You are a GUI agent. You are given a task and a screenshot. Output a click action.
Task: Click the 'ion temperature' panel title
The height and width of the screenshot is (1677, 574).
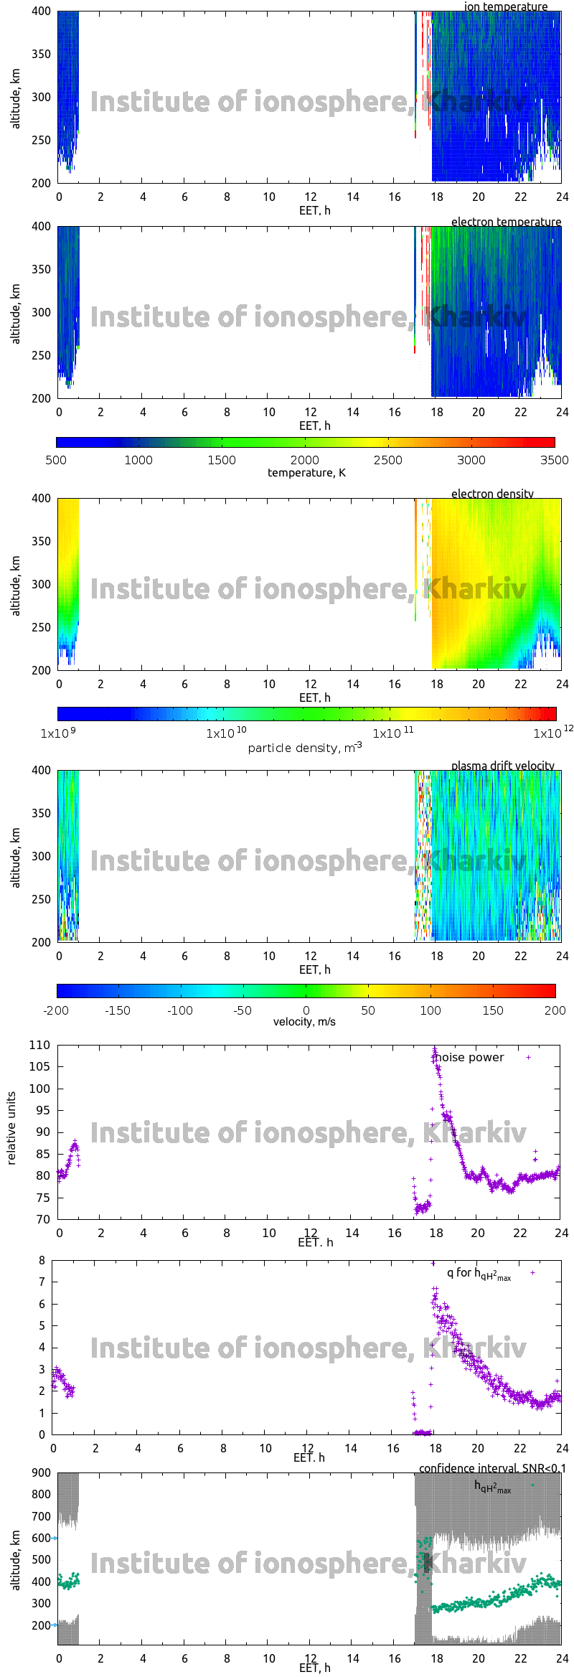pos(505,6)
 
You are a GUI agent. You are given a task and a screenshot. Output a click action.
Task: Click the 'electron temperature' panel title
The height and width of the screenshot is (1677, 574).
pos(506,222)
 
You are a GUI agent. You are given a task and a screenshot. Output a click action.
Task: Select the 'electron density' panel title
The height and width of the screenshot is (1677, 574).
pos(492,494)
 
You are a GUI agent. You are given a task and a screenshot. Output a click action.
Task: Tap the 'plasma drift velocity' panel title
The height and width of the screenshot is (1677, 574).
pos(502,766)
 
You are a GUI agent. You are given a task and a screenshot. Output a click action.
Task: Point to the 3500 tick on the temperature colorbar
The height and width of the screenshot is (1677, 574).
pos(554,460)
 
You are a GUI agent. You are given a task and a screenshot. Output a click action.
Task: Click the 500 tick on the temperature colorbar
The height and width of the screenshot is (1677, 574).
pos(56,460)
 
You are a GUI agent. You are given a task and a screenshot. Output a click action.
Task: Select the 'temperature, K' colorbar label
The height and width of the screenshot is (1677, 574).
pos(306,472)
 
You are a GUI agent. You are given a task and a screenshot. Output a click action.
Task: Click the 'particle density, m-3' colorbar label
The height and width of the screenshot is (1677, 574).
pos(305,748)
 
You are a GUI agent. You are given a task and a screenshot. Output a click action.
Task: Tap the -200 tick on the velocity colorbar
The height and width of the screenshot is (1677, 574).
pos(56,1010)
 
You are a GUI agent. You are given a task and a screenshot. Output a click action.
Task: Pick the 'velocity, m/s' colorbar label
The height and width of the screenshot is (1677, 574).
pos(304,1021)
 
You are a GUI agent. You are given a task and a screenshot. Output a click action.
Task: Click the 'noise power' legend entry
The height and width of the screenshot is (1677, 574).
pos(470,1057)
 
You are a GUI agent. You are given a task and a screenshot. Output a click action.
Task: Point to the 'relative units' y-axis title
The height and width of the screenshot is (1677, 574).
pos(11,1129)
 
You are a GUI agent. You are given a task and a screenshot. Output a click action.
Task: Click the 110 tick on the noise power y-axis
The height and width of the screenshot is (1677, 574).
pos(39,1046)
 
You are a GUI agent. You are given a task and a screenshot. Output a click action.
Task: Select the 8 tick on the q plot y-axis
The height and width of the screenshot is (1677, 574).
pos(42,1260)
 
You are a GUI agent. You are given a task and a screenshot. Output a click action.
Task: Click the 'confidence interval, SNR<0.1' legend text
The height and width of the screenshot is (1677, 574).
pos(492,1468)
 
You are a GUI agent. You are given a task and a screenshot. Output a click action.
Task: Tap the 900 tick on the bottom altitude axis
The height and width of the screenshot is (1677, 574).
pos(42,1472)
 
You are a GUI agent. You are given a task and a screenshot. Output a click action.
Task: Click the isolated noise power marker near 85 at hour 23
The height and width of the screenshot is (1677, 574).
pos(535,1152)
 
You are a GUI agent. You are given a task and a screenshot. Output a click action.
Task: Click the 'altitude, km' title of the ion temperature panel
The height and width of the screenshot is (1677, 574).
pos(16,99)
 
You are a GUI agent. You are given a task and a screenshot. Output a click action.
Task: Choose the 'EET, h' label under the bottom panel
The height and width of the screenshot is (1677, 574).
pos(314,1668)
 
